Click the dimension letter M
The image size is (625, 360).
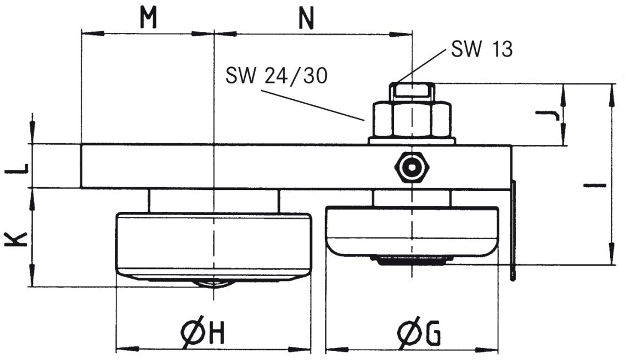click(148, 18)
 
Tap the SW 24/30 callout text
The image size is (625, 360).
click(276, 76)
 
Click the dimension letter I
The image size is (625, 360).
click(594, 185)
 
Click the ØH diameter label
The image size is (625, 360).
click(202, 333)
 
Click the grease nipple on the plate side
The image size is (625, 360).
click(412, 167)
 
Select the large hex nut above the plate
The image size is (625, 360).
click(412, 119)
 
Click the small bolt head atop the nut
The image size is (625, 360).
click(412, 91)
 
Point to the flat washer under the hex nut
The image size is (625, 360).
click(412, 140)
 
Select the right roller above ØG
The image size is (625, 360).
click(412, 229)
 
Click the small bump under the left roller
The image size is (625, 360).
click(213, 283)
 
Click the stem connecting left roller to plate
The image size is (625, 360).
click(213, 200)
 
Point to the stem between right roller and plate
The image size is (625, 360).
click(412, 198)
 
